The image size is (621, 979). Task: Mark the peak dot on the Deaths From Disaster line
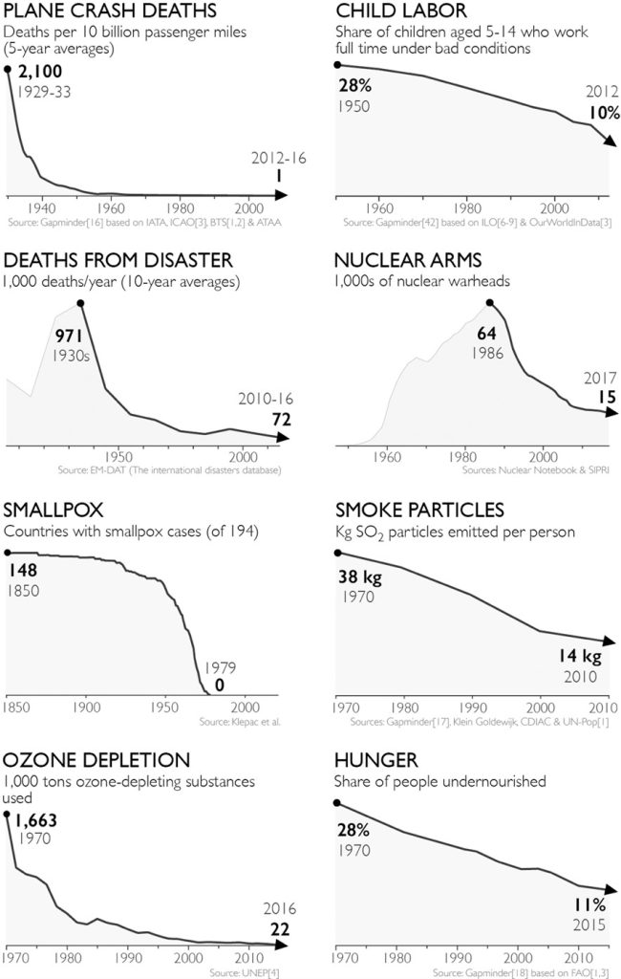[x=80, y=303]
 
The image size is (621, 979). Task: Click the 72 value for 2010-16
[x=281, y=418]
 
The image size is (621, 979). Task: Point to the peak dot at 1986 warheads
[x=490, y=303]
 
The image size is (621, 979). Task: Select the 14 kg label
[x=577, y=657]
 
